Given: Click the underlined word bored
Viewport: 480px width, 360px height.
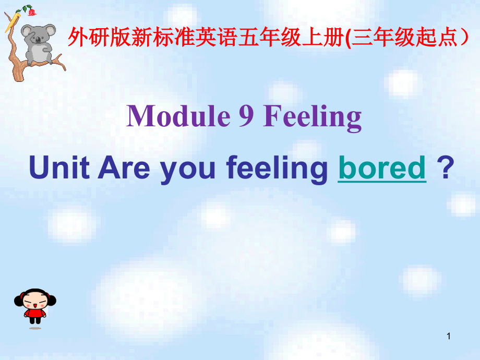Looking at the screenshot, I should pos(382,169).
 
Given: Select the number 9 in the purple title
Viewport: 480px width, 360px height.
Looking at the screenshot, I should pos(246,117).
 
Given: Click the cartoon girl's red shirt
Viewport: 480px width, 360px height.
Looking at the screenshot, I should pos(35,313).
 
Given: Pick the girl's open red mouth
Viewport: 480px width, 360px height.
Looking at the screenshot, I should pos(35,304).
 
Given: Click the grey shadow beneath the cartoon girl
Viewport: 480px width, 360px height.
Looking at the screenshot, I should pos(35,328).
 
